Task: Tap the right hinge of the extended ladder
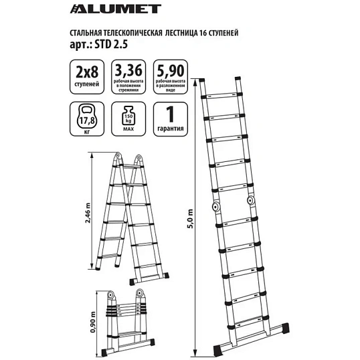pos(251,200)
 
